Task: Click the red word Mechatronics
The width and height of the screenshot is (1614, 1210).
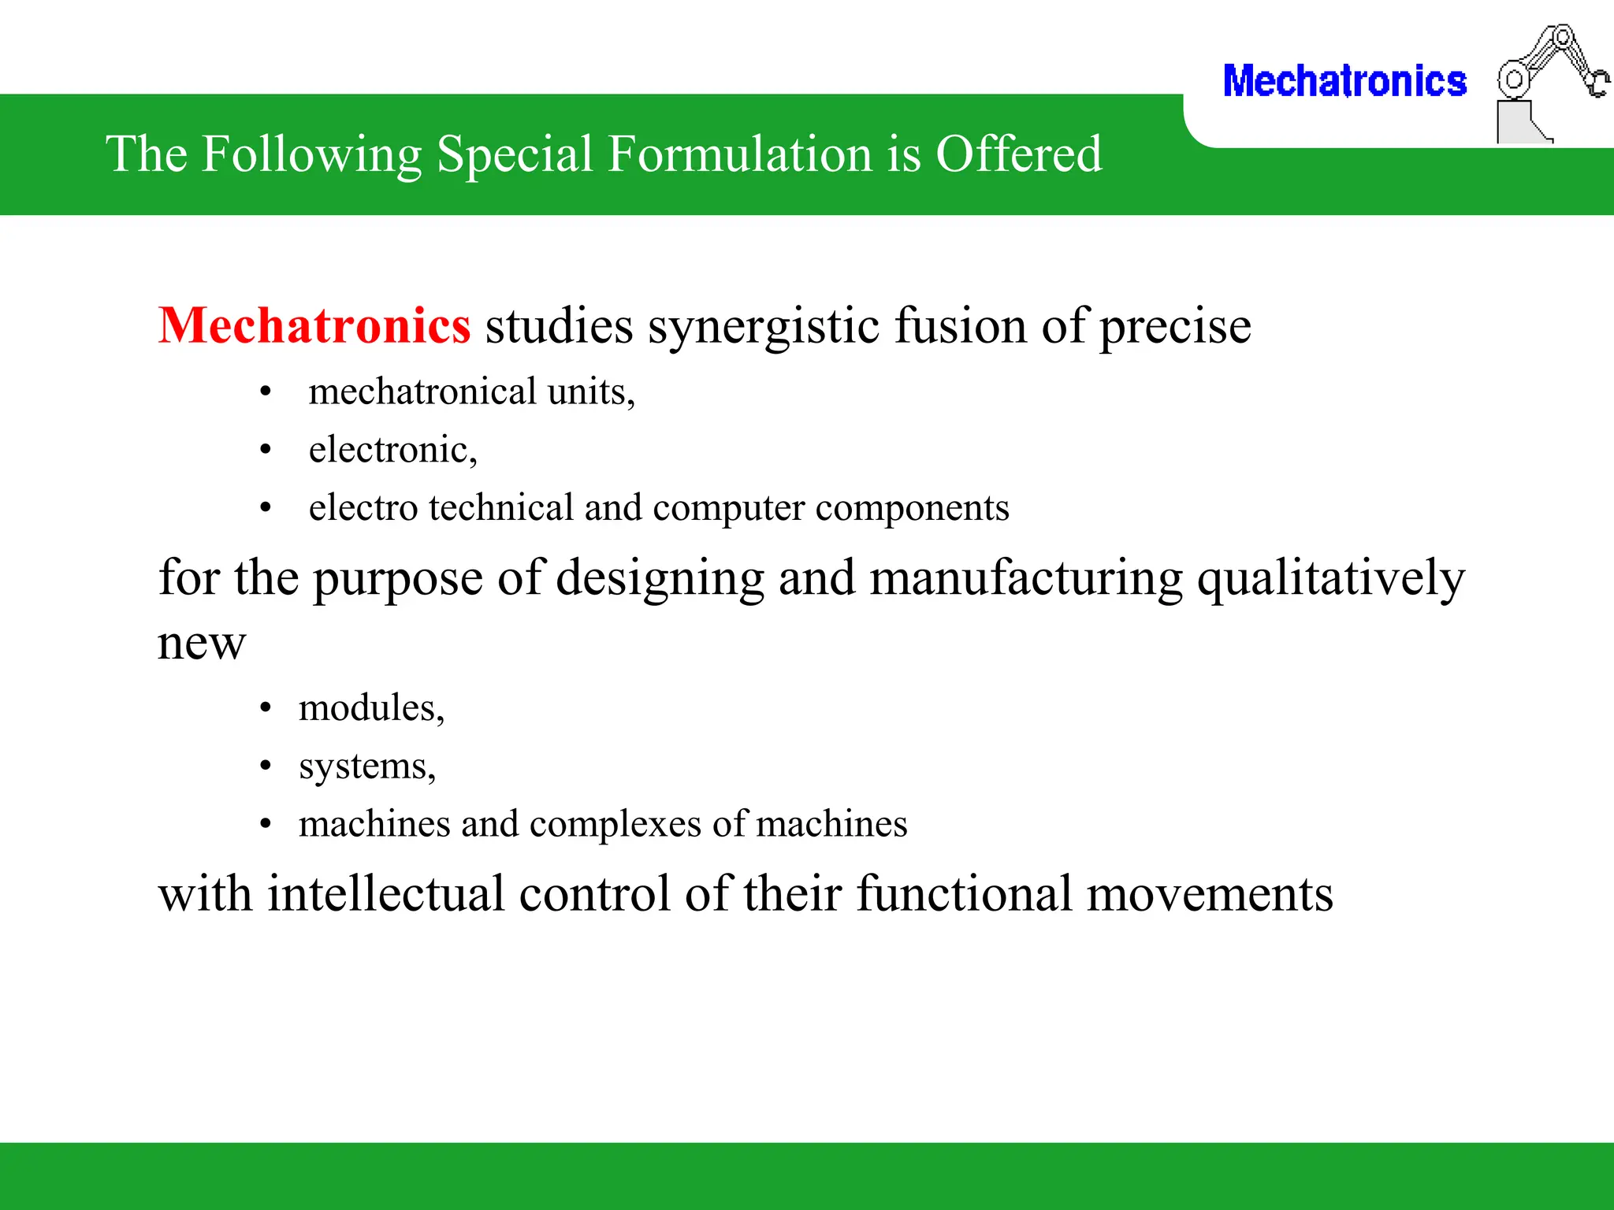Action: point(314,326)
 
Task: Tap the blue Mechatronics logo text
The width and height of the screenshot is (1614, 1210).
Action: point(1344,82)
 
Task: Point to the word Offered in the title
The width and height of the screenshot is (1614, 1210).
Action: point(1018,154)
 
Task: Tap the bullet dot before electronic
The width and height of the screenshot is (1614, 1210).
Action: point(266,450)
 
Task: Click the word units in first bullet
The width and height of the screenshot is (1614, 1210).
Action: point(586,392)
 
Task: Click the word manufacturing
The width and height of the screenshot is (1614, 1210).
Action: point(1026,579)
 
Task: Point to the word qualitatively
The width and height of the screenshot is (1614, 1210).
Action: point(1330,579)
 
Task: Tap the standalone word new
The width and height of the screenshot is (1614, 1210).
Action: point(202,644)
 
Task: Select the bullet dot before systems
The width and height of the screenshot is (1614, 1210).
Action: point(266,766)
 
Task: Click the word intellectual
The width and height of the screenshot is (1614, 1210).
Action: point(385,894)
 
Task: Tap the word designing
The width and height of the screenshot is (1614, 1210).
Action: point(660,579)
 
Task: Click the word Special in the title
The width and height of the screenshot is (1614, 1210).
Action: point(514,154)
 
